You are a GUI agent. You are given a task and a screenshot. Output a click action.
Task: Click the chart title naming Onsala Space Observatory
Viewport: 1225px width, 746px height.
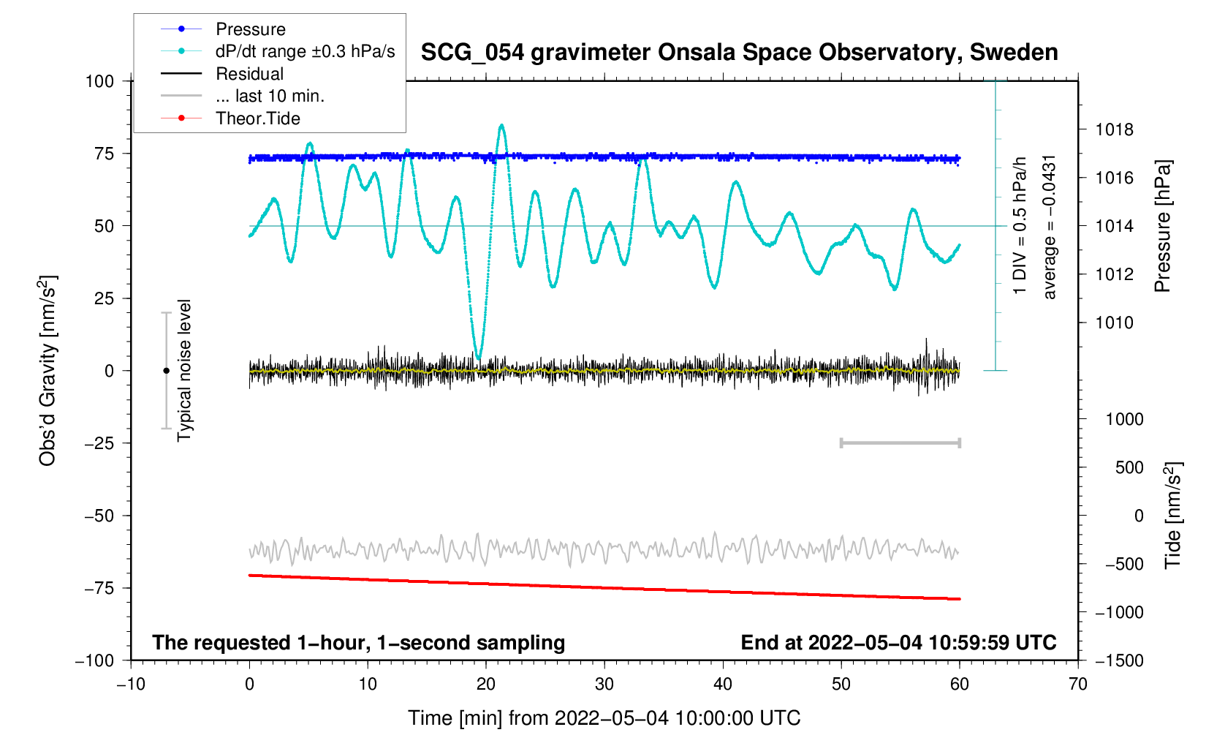[x=739, y=53]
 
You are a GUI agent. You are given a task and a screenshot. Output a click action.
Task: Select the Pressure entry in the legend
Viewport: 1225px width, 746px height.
[x=251, y=29]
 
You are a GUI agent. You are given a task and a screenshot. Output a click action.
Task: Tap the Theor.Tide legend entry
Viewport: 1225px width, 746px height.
[x=257, y=118]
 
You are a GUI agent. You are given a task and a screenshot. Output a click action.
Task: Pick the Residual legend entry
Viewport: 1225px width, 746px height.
[x=249, y=74]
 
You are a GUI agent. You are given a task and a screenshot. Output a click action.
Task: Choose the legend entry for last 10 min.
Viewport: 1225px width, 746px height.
[x=270, y=97]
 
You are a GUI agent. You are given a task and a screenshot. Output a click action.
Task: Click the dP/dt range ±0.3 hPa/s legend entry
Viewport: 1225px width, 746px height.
[x=305, y=51]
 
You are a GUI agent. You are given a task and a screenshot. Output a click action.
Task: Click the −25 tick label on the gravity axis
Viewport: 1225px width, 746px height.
[x=99, y=443]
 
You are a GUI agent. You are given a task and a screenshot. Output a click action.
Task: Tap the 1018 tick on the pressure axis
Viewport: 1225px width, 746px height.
[x=1114, y=130]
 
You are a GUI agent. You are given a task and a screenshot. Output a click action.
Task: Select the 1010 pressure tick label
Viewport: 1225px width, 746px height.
[x=1114, y=323]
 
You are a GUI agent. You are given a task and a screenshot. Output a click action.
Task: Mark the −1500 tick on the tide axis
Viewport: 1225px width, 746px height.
[x=1119, y=661]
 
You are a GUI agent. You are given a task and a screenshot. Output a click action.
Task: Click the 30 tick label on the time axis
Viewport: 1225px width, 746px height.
[x=604, y=685]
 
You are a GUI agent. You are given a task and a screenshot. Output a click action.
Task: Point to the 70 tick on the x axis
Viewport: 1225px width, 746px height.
[x=1077, y=685]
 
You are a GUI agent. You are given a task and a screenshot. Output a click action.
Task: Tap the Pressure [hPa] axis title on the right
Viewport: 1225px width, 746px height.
[x=1162, y=227]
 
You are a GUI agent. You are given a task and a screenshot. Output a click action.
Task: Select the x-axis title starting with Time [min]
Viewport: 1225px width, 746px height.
[x=604, y=718]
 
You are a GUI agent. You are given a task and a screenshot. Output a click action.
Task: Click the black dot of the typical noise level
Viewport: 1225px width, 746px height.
[x=166, y=371]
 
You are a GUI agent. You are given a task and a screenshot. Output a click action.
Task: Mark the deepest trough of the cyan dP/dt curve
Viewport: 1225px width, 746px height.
[x=478, y=358]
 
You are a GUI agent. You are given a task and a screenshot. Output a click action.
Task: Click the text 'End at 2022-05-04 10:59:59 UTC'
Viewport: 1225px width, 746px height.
[x=898, y=643]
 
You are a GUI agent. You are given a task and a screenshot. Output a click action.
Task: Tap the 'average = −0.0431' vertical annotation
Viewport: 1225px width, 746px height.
[x=1050, y=227]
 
